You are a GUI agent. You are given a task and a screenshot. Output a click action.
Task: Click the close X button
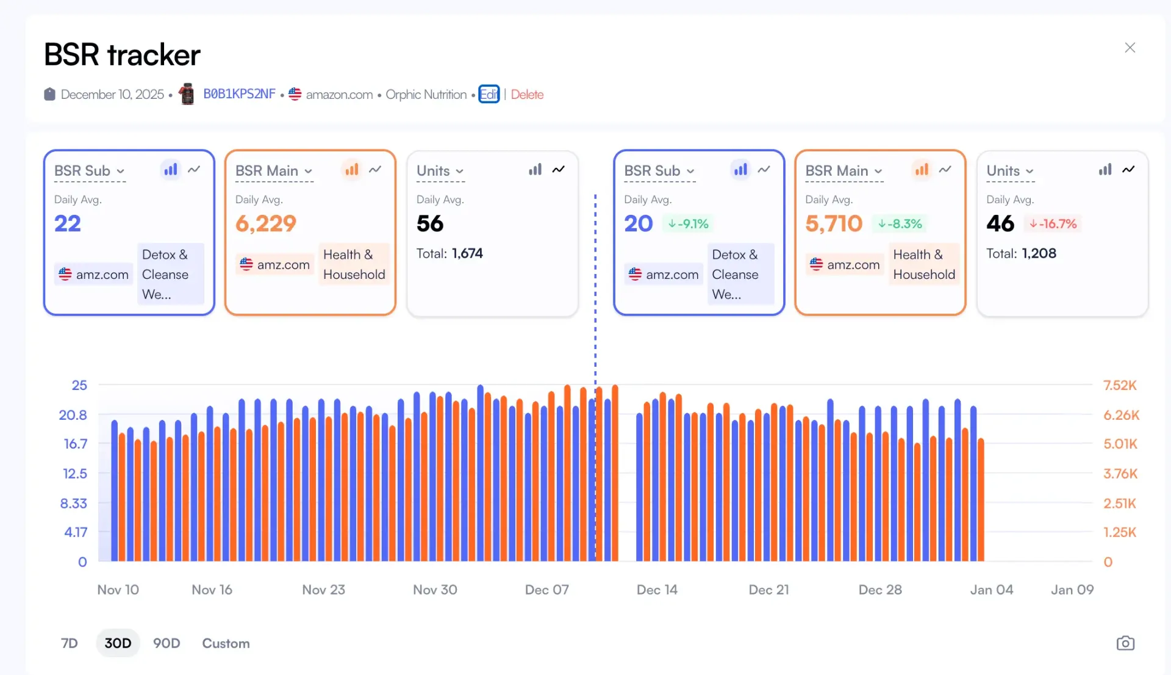click(x=1130, y=48)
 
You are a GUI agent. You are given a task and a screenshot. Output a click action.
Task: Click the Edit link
click(x=489, y=94)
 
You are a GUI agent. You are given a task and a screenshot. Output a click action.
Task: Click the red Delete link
click(x=527, y=95)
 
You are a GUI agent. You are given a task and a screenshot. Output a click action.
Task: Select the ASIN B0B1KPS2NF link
click(x=239, y=94)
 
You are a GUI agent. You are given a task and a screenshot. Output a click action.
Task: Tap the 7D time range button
click(x=70, y=643)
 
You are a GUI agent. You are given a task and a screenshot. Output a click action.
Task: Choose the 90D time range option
click(x=167, y=643)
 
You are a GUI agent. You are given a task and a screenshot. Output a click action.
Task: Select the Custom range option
click(x=226, y=643)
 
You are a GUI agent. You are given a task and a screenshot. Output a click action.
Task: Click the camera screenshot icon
click(x=1125, y=643)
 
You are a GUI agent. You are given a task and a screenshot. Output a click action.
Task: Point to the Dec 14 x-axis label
click(x=657, y=590)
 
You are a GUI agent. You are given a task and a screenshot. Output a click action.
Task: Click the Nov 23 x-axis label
click(x=323, y=590)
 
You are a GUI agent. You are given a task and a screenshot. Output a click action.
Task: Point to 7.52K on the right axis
click(x=1120, y=385)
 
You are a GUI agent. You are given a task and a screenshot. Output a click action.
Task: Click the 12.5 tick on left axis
click(x=75, y=474)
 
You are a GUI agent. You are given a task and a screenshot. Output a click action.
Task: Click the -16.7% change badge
click(x=1053, y=224)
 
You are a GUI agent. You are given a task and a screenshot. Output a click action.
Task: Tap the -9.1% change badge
click(x=688, y=224)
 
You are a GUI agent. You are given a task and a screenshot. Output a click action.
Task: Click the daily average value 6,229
click(x=266, y=223)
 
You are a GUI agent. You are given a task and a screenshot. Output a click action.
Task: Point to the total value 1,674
click(x=467, y=253)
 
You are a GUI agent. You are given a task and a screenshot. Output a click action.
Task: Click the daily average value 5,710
click(x=834, y=223)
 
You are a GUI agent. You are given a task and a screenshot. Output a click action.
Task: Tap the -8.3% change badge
click(x=900, y=224)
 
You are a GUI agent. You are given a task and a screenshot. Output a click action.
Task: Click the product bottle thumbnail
click(x=187, y=94)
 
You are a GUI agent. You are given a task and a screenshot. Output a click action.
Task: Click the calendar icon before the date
click(x=49, y=94)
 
